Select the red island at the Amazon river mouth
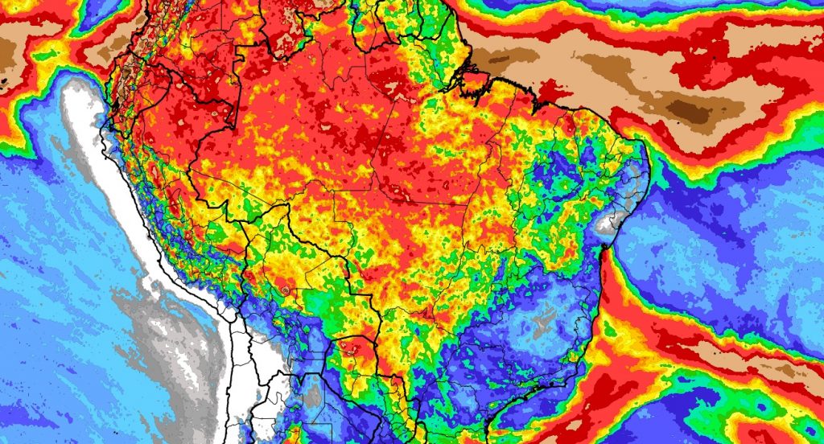coord(476,80)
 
